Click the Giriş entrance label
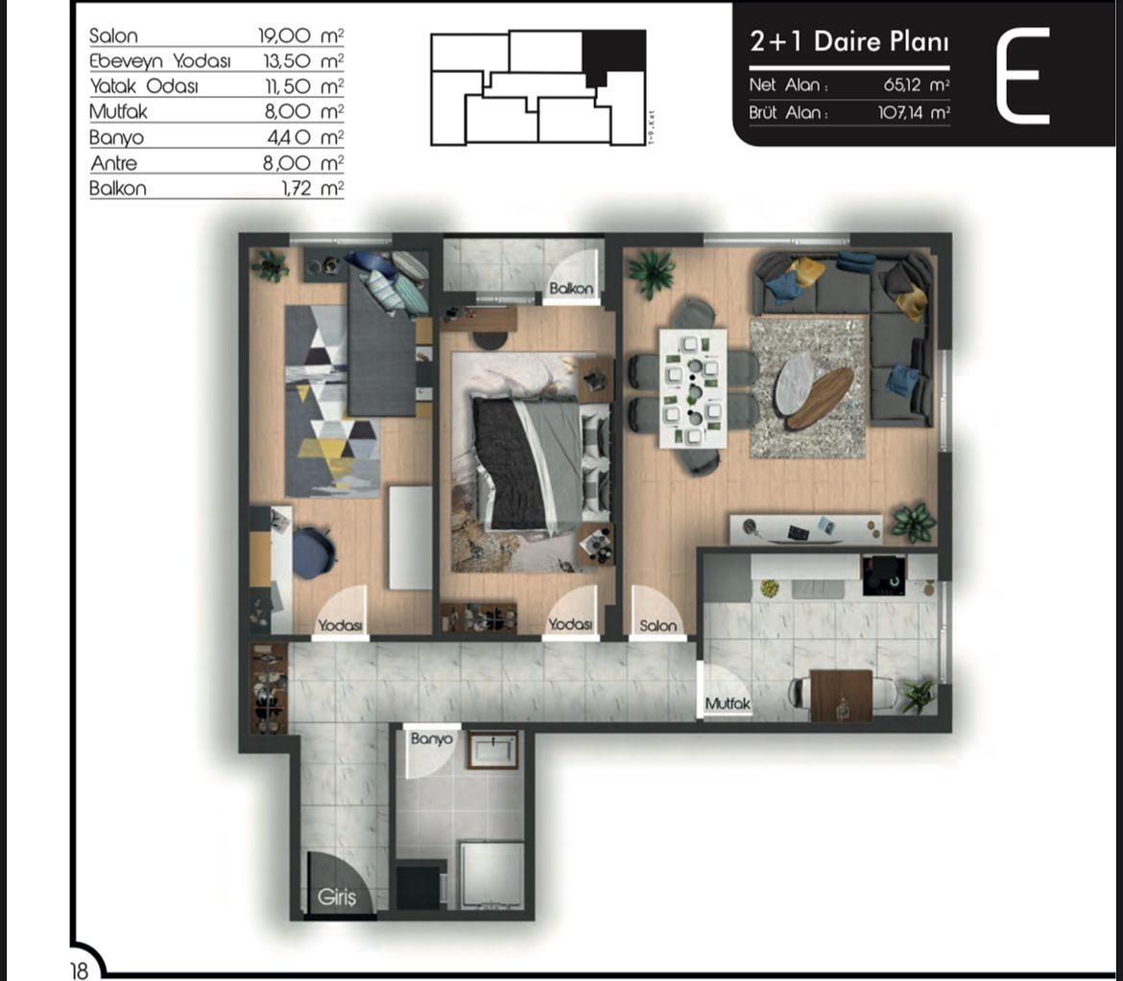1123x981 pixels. tap(337, 899)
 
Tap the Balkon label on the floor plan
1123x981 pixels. tap(571, 288)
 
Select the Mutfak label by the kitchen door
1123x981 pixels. tap(728, 704)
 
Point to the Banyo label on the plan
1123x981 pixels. tap(431, 739)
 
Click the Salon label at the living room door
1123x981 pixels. tap(658, 625)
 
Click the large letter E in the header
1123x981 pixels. tap(1022, 77)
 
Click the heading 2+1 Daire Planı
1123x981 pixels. tap(848, 42)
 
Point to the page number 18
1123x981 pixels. tap(79, 970)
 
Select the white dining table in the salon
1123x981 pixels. tap(692, 388)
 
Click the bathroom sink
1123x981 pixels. tap(492, 749)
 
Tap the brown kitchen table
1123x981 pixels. tap(841, 694)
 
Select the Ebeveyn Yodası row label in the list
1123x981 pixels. tap(160, 60)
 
